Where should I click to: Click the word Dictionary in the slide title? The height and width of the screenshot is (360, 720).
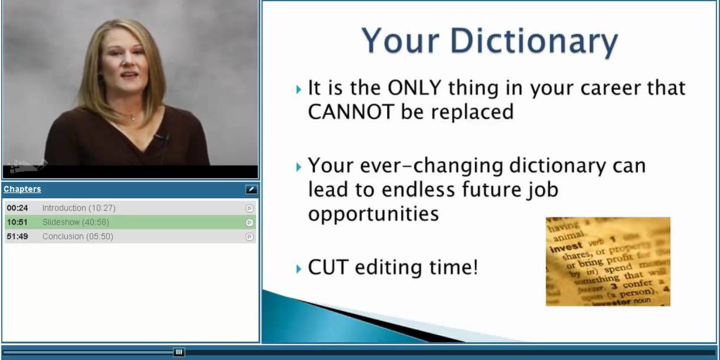point(534,42)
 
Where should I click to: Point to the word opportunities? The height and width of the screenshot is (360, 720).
point(373,214)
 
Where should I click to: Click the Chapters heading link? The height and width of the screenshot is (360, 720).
point(22,189)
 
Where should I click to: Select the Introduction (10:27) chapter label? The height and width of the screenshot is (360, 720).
point(79,208)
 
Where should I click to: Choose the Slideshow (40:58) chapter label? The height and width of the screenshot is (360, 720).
point(76,222)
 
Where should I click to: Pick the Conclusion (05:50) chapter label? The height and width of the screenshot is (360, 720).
point(78,237)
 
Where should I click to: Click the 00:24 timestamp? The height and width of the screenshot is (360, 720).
point(17,208)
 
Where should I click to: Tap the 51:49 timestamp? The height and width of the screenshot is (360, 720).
point(17,237)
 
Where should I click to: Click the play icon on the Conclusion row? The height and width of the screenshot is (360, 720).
point(250,237)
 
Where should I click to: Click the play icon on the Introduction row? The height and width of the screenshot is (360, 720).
point(250,208)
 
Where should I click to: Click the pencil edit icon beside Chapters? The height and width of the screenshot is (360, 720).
point(251,189)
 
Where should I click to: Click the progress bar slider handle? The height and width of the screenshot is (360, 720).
point(179,352)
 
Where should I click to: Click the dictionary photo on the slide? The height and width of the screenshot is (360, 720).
point(608,261)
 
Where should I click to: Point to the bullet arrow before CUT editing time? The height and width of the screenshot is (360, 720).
point(299,270)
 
